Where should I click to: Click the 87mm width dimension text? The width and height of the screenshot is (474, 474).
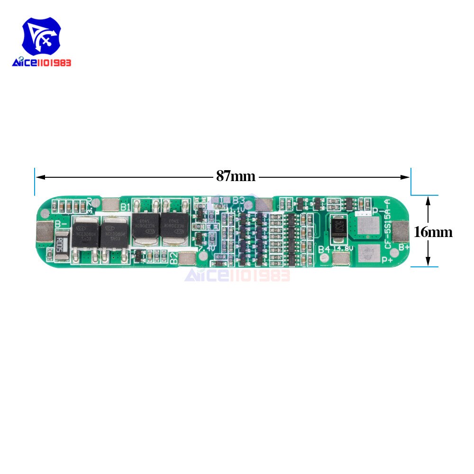coord(236,176)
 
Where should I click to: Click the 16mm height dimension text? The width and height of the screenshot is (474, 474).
coord(433,232)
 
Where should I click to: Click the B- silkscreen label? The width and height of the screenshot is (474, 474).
coord(61,224)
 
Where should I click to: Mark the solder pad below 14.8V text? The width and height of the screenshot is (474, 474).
coord(341,258)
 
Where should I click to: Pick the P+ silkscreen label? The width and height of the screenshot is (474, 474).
coord(387,260)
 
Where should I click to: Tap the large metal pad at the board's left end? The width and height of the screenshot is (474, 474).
coord(44,231)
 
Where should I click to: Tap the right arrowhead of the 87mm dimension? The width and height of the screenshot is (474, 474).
coord(406,177)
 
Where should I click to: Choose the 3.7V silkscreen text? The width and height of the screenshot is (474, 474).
coord(89,205)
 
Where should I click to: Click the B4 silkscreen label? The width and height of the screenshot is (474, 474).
coord(324,249)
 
